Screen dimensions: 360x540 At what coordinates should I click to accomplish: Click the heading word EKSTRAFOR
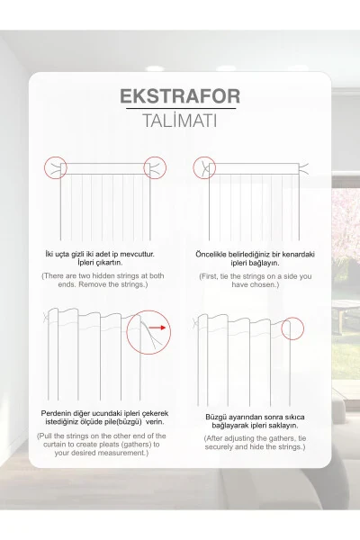(180, 96)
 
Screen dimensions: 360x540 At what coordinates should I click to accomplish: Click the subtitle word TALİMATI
(180, 121)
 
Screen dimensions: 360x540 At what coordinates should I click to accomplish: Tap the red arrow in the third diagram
(158, 328)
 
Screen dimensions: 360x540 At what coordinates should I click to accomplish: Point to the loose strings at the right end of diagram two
(303, 168)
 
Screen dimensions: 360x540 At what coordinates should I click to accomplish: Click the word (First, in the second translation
(210, 276)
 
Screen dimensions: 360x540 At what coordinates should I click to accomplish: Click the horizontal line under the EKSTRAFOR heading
(181, 109)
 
